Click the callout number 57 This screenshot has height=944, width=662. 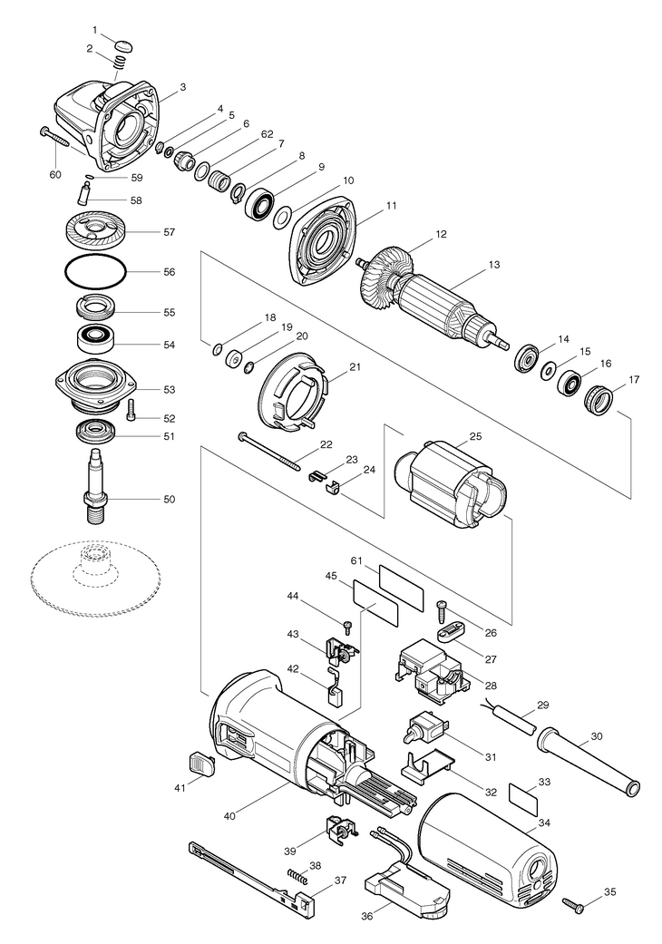[x=169, y=232]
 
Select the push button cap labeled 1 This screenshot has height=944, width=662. [x=122, y=45]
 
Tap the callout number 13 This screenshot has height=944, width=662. [x=494, y=264]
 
